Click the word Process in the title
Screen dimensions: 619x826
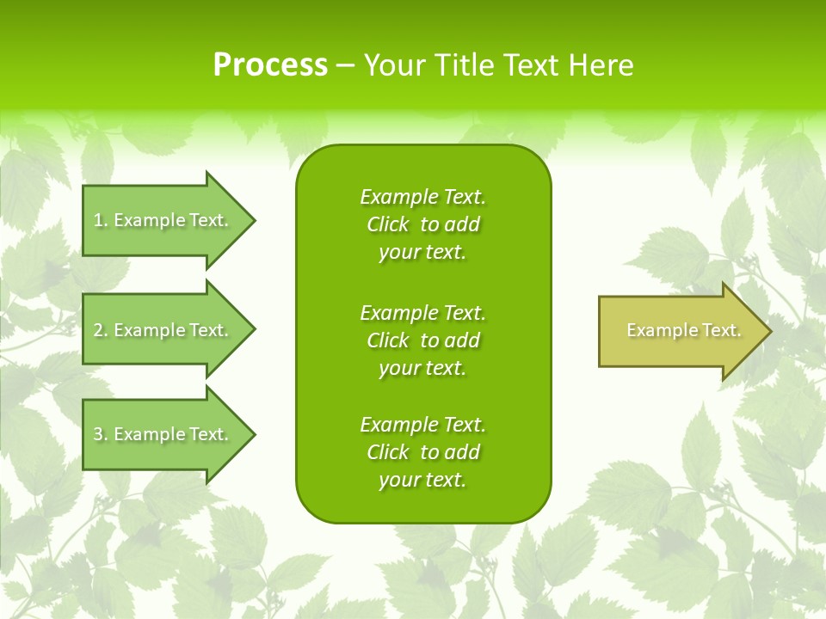(x=270, y=65)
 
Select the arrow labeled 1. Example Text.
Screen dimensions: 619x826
(x=163, y=220)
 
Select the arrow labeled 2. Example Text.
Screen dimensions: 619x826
(x=163, y=330)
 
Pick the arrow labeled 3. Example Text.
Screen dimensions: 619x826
(x=163, y=434)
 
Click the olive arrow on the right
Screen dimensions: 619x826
(x=680, y=331)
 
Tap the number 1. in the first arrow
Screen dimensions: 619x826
(x=101, y=220)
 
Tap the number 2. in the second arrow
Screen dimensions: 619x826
(x=101, y=330)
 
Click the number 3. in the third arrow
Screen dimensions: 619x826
(x=101, y=434)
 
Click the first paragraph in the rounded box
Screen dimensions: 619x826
(x=422, y=224)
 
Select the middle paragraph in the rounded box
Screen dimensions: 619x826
(x=422, y=340)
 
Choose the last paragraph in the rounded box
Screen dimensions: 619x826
(x=422, y=452)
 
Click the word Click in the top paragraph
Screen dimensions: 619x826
(x=388, y=224)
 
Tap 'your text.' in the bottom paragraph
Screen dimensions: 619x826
(x=422, y=480)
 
